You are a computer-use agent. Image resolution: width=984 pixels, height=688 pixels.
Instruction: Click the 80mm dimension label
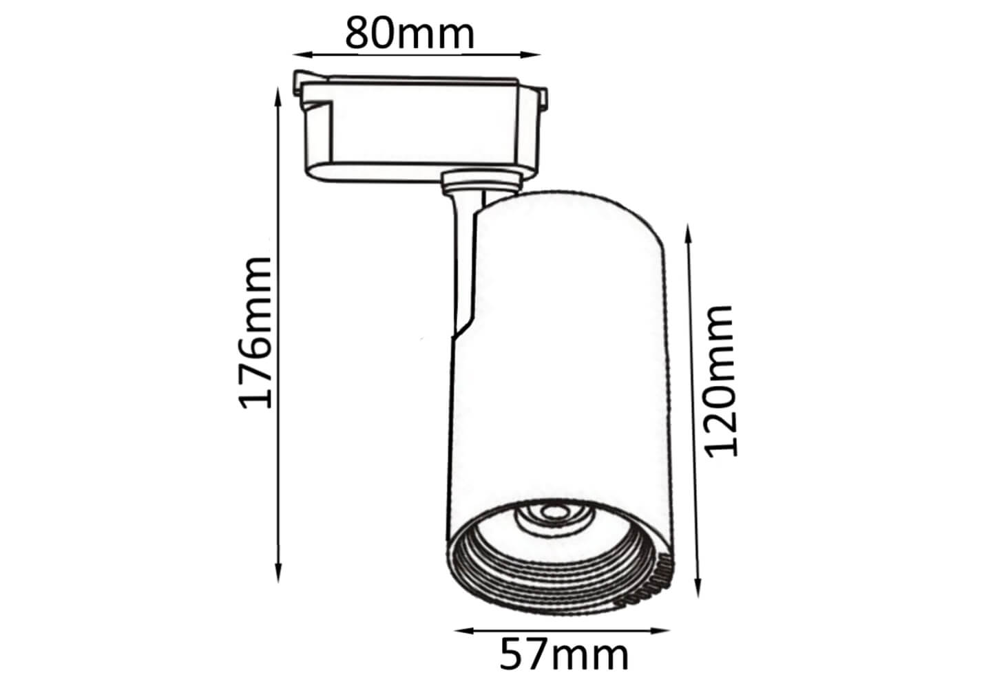[410, 34]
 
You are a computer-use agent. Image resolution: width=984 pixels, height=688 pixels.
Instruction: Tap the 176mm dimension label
[255, 333]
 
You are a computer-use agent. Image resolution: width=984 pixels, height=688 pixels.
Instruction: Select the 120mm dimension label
[721, 381]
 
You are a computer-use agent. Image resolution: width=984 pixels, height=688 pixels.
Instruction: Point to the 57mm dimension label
[563, 655]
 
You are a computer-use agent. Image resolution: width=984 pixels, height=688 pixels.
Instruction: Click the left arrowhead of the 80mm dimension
[303, 55]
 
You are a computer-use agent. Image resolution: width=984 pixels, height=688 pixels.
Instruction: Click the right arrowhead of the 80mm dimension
[530, 55]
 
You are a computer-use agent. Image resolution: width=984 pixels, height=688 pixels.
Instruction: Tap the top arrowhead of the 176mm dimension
[278, 98]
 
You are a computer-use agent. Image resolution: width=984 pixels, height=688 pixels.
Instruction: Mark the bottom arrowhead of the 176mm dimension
[278, 573]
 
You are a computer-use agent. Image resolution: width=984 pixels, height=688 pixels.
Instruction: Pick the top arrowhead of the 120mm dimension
[689, 234]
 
